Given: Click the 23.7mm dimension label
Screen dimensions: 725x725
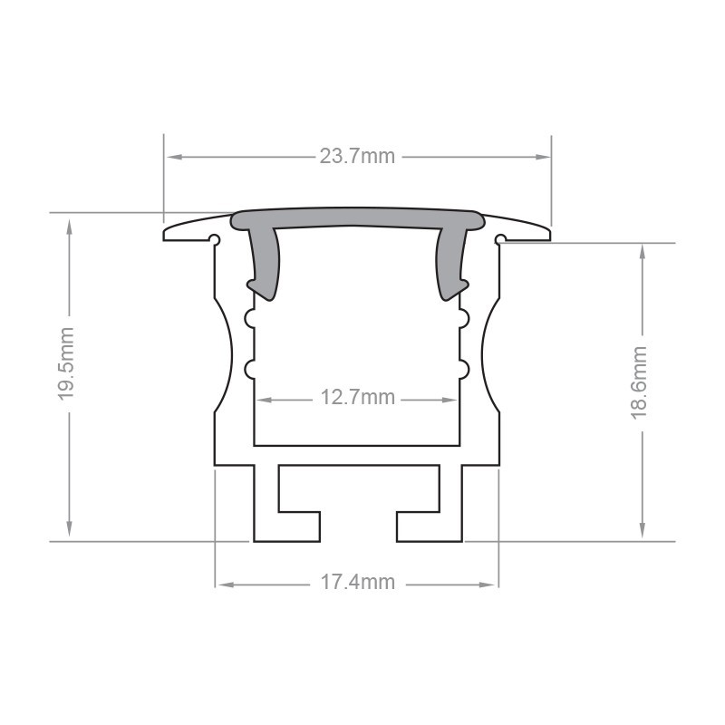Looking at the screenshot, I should (x=357, y=157).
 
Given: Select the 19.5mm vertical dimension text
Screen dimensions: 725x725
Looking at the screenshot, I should (x=66, y=377).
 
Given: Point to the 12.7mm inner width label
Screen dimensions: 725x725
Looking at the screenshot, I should (x=357, y=398).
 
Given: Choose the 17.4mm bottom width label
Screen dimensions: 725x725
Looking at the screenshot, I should (x=357, y=583).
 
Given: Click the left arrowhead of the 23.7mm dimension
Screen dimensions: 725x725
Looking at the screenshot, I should (x=170, y=157).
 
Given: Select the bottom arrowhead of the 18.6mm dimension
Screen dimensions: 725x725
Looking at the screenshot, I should (x=642, y=534).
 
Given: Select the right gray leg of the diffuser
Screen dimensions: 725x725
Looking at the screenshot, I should (x=450, y=263).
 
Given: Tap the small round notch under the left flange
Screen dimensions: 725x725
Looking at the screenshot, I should (x=215, y=240).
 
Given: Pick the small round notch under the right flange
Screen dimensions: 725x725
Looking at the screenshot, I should (x=499, y=240).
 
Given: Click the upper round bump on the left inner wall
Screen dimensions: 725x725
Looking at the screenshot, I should (x=249, y=318).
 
